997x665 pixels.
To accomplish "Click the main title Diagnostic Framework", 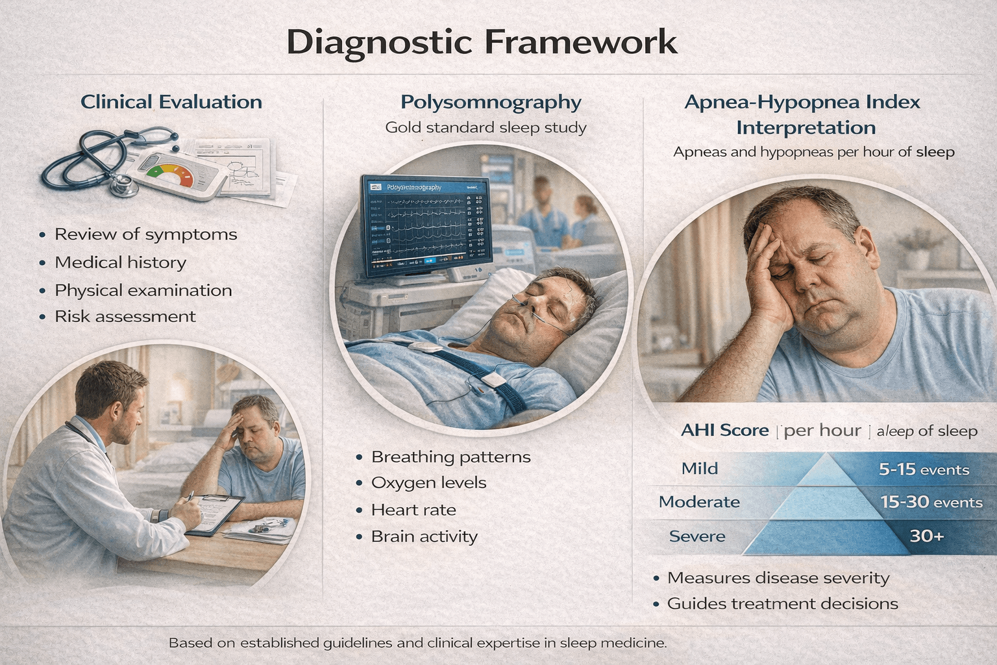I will [482, 42].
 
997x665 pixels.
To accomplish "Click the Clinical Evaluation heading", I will [171, 102].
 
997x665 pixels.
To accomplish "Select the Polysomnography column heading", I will [491, 102].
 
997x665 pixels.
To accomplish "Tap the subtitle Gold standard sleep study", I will [486, 127].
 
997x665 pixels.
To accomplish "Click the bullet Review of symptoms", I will [145, 234].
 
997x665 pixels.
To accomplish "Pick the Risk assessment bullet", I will [125, 316].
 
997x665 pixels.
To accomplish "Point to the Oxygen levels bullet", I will [428, 483].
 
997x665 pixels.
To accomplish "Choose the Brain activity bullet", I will [424, 536].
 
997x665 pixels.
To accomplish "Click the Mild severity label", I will [699, 468].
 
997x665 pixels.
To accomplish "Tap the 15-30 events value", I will [931, 502].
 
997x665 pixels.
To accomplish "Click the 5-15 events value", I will [924, 470].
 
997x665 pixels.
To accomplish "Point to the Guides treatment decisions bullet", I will [782, 604].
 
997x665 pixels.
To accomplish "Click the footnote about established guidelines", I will [417, 643].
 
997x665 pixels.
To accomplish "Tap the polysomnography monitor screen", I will [425, 224].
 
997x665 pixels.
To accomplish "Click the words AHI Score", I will [724, 431].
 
